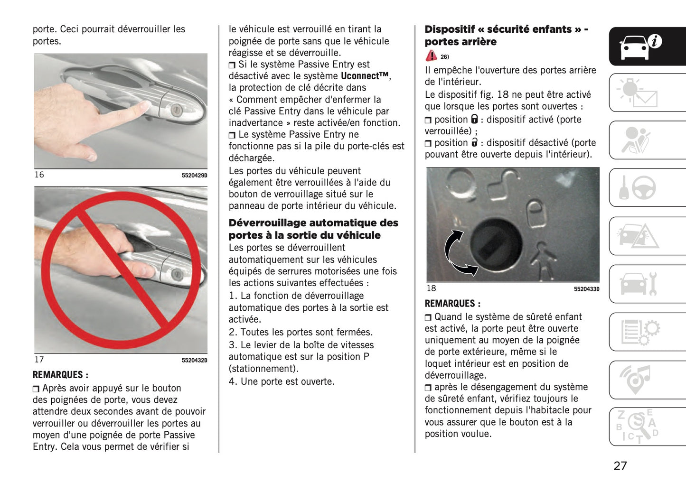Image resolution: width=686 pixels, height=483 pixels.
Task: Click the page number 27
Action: point(620,465)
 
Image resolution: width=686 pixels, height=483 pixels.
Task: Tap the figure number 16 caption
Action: point(39,175)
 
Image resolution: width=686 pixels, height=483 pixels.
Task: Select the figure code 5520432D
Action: point(194,361)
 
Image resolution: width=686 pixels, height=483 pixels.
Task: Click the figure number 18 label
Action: point(431,288)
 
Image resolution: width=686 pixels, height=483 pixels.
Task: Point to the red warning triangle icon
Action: point(431,56)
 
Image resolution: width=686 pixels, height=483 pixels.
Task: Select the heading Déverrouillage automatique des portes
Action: point(313,229)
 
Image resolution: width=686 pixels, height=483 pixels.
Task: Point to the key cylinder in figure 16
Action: point(176,110)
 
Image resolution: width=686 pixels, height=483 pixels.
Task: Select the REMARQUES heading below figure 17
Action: point(60,375)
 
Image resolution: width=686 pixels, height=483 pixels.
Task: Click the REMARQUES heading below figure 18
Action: point(452,304)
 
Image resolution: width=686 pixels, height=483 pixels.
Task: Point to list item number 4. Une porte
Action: point(282,381)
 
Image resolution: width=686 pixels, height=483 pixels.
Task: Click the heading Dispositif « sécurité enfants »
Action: point(506,35)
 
